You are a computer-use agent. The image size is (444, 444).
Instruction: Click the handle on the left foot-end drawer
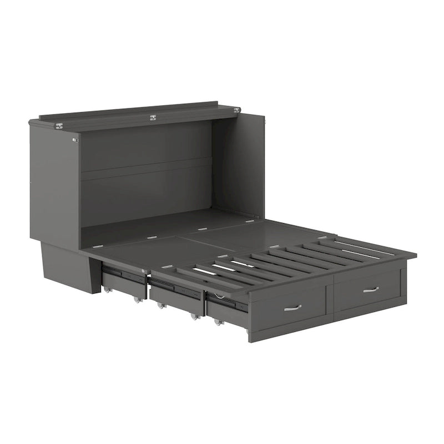pyautogui.click(x=292, y=307)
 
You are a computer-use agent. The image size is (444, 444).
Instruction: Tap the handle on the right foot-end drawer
pyautogui.click(x=371, y=289)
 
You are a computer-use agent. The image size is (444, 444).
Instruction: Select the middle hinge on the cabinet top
pyautogui.click(x=153, y=117)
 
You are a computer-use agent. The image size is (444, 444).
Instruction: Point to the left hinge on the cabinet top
pyautogui.click(x=58, y=125)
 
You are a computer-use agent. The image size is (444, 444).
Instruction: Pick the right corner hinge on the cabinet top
pyautogui.click(x=237, y=110)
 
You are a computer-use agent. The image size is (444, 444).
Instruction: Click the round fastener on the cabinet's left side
pyautogui.click(x=75, y=140)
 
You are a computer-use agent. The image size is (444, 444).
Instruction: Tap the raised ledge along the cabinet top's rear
pyautogui.click(x=139, y=109)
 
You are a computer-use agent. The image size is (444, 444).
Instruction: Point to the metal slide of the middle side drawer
pyautogui.click(x=170, y=287)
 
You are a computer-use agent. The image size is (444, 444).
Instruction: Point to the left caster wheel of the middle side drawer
pyautogui.click(x=160, y=306)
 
